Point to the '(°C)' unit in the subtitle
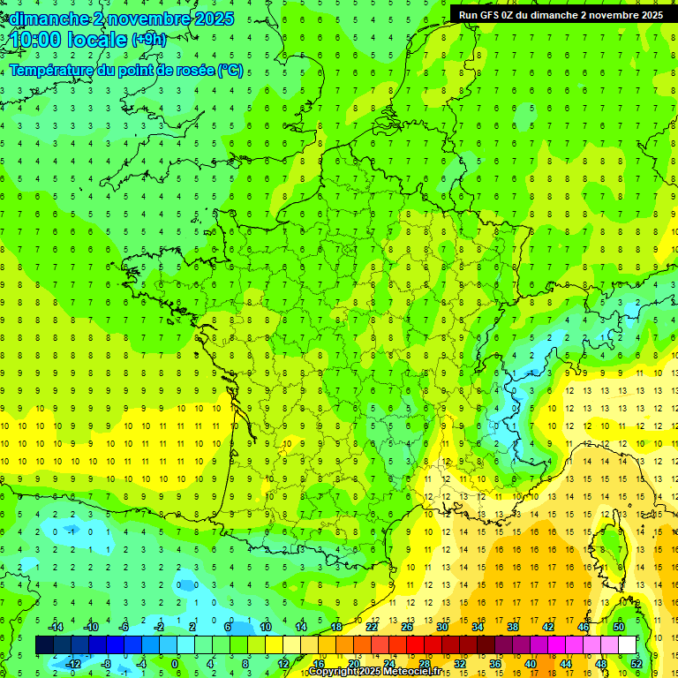(230, 71)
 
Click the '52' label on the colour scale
(637, 663)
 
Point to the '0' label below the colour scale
(175, 663)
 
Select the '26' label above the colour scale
(406, 627)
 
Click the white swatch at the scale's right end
(627, 645)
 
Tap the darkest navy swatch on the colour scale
(44, 645)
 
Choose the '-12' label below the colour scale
(73, 663)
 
